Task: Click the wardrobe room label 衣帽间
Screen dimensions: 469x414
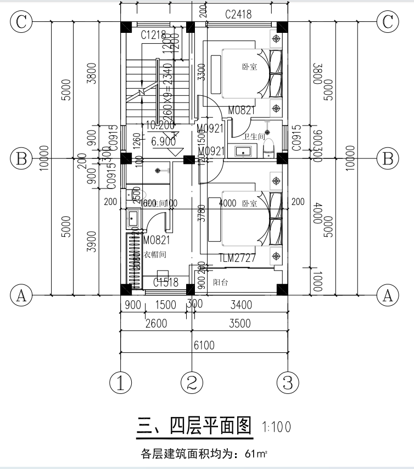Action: coord(155,255)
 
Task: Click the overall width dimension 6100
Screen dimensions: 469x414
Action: coord(204,345)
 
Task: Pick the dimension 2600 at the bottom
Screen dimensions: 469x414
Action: coord(155,323)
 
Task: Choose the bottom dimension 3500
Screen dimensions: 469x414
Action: coord(239,323)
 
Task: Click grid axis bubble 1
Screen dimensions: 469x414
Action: coord(121,382)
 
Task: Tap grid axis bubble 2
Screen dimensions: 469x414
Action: coord(192,382)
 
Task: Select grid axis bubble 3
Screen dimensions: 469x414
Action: coord(287,382)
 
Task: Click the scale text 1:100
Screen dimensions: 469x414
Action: coord(277,426)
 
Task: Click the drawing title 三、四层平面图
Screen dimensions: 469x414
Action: coord(194,426)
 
